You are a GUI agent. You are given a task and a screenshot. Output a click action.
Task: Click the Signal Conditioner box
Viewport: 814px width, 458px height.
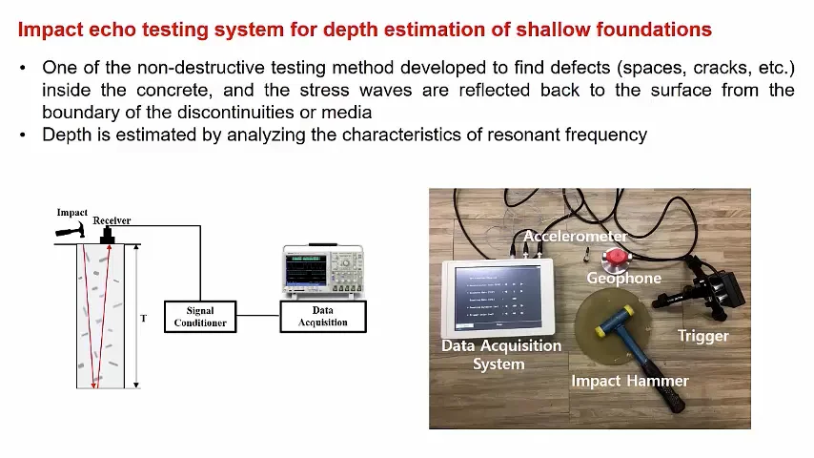tap(200, 316)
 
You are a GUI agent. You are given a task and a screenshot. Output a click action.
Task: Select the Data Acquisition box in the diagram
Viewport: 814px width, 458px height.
tap(323, 316)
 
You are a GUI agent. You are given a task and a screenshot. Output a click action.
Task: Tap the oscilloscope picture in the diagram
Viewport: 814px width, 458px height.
tap(323, 271)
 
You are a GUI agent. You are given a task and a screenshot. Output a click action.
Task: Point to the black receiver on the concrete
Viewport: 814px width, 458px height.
tap(107, 235)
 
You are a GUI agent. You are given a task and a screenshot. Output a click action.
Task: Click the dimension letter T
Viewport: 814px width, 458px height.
tap(144, 318)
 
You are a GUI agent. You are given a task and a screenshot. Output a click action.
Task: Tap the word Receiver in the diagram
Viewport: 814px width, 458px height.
tap(112, 220)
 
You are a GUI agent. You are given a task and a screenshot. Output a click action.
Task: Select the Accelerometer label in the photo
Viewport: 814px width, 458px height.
tap(576, 236)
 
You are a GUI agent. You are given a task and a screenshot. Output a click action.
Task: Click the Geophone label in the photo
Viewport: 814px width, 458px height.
tap(623, 279)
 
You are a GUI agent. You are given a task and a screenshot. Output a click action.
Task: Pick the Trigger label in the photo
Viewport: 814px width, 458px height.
tap(702, 336)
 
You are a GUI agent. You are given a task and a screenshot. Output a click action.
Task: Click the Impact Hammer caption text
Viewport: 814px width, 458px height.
tap(629, 381)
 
